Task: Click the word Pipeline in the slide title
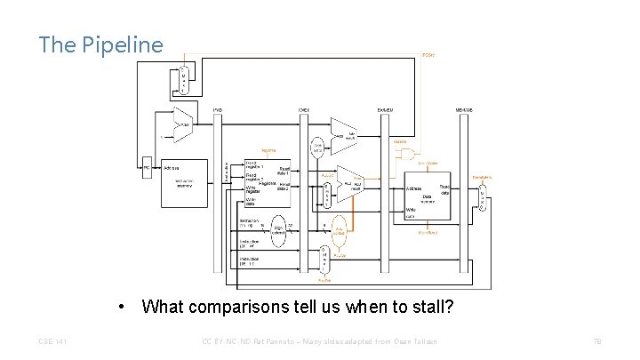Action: click(128, 44)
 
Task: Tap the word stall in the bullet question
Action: click(428, 308)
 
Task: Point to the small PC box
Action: click(147, 167)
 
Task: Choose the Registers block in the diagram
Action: click(268, 183)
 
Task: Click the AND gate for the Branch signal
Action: click(410, 152)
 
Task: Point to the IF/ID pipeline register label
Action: click(218, 110)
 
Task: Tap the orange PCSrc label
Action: click(428, 54)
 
